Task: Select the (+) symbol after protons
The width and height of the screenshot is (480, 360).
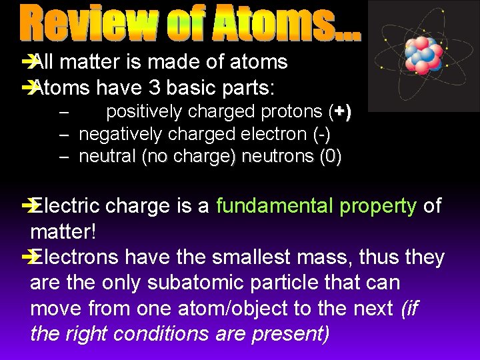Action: tap(339, 112)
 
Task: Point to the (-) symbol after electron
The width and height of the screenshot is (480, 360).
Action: tap(321, 135)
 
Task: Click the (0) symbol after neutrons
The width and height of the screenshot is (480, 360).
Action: tap(330, 157)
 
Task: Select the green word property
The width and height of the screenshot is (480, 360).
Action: tap(377, 207)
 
